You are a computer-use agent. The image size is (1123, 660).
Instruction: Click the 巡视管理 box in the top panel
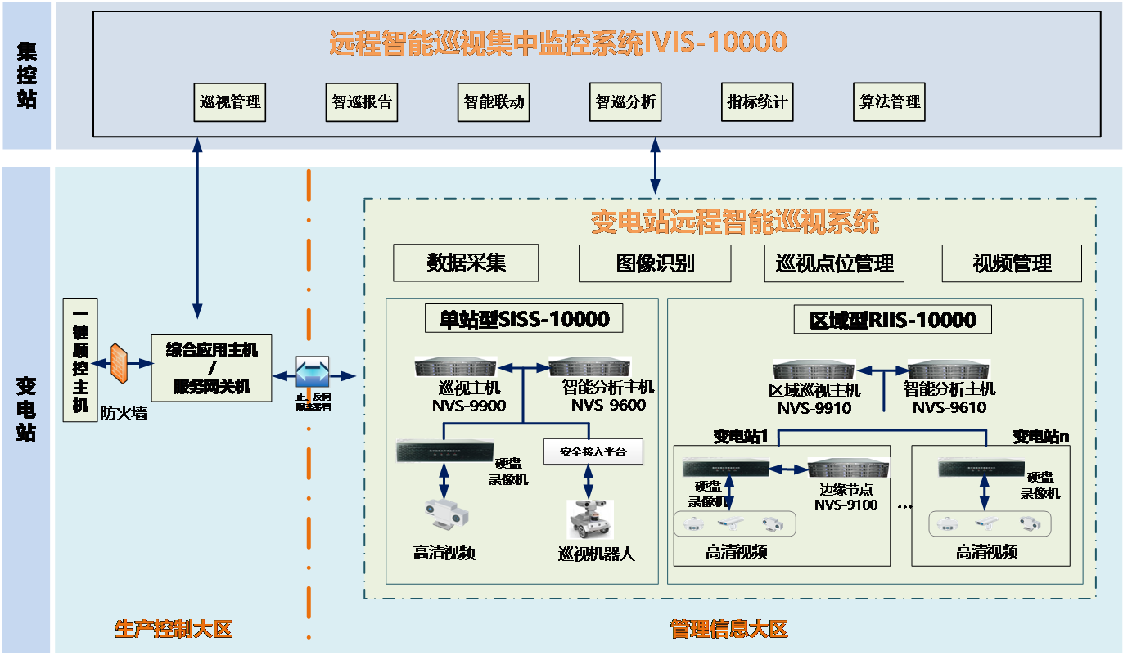coord(230,102)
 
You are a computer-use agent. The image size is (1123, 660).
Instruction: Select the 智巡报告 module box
coord(362,102)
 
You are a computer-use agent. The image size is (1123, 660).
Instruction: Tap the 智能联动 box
coord(494,102)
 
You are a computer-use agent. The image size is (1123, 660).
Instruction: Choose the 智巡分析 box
coord(625,102)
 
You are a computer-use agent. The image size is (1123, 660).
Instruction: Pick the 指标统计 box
coord(757,102)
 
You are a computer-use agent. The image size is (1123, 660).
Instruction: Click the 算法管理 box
coord(889,102)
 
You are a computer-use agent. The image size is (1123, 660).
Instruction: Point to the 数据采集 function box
coord(466,263)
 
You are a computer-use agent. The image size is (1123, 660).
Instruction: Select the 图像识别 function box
coord(654,263)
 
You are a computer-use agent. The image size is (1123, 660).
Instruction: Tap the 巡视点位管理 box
coord(835,263)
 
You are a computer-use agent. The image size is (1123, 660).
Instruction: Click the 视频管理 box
coord(1012,263)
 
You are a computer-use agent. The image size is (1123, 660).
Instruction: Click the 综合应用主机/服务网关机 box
coord(211,367)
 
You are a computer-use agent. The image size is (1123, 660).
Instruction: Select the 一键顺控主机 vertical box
coord(79,356)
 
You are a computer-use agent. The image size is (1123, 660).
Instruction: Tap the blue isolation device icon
coord(312,372)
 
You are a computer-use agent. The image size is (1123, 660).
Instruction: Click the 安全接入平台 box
coord(593,451)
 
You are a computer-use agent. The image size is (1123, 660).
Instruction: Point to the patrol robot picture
coord(591,519)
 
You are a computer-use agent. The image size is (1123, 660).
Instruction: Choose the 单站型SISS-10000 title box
coord(523,318)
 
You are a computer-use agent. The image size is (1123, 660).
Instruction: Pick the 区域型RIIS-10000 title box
coord(892,319)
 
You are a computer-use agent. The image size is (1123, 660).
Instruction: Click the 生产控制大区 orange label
coord(174,629)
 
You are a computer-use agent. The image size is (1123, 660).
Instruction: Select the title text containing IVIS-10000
coord(557,42)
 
